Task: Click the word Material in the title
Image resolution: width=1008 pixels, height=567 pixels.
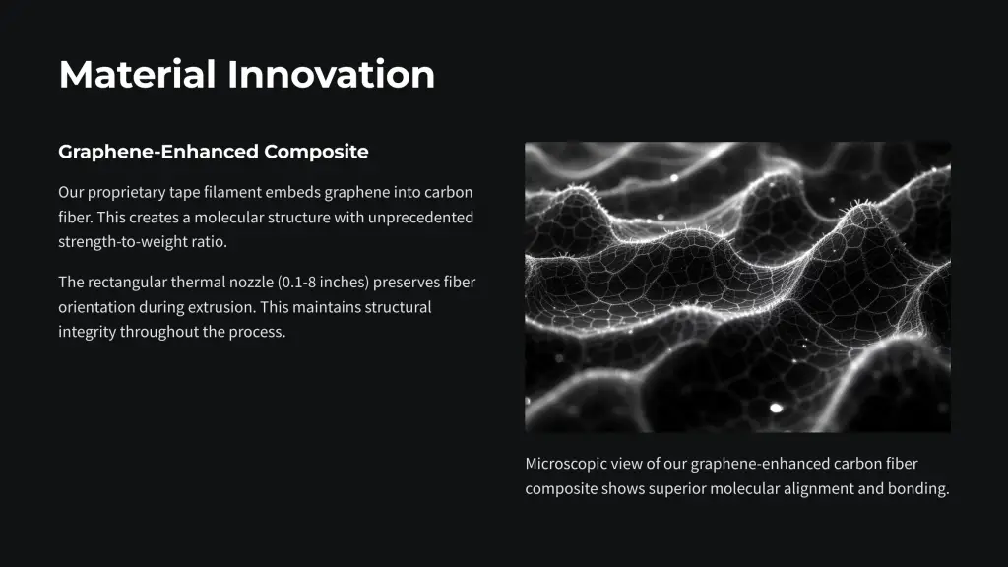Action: (x=137, y=74)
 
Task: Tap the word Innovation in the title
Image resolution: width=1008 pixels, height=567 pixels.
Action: (x=331, y=74)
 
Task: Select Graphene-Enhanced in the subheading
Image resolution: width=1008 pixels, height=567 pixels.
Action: (x=158, y=152)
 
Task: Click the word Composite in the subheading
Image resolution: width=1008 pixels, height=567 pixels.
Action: (x=316, y=152)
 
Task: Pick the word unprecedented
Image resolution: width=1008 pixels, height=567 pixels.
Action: (x=420, y=218)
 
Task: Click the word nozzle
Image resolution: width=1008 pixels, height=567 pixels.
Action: (x=251, y=283)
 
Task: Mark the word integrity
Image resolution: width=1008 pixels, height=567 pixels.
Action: (x=87, y=333)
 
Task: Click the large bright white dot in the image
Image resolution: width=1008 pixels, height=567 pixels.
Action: (x=776, y=409)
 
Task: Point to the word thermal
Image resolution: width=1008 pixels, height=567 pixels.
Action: (x=198, y=283)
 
